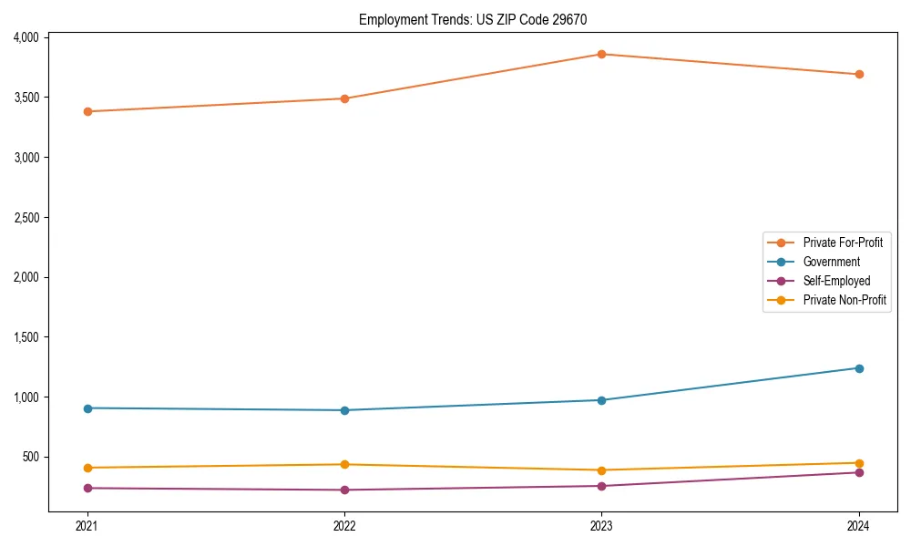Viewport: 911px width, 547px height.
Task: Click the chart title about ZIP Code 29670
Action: [479, 19]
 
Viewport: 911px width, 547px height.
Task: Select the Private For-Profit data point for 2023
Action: [601, 54]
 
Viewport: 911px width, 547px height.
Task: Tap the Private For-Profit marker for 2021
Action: [87, 111]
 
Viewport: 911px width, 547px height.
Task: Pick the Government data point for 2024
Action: [859, 368]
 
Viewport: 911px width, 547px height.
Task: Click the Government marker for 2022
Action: [344, 410]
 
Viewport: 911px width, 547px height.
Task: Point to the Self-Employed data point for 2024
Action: [859, 472]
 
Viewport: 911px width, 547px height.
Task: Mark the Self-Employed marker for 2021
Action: [87, 488]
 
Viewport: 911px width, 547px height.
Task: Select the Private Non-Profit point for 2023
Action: [601, 470]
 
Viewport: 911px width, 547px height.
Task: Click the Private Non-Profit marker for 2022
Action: [344, 464]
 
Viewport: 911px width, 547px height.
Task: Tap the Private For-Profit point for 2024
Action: [859, 74]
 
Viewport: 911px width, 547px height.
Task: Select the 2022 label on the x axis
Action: [344, 525]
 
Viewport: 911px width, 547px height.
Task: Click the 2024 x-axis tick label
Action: [859, 525]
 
